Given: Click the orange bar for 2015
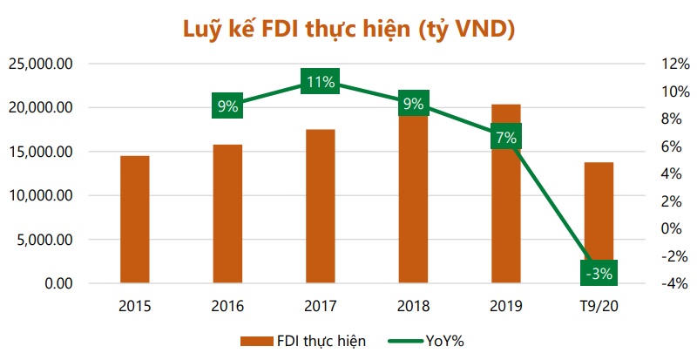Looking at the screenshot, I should coord(134,220).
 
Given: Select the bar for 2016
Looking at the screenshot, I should coord(227,214).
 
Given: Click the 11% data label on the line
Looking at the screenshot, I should coord(320,83).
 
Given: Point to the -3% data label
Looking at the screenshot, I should coord(599,273).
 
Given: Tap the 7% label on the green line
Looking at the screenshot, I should coord(506,137).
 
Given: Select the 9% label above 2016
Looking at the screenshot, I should coord(227,106).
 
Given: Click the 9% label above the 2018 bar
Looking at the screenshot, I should coord(413,104).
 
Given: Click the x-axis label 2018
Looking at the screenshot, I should coord(413,306).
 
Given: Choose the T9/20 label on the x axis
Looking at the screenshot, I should coord(599,306).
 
